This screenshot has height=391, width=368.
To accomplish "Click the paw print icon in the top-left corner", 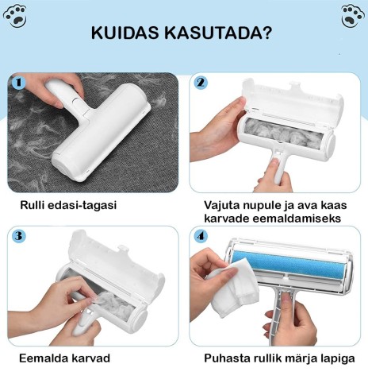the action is point(15,16).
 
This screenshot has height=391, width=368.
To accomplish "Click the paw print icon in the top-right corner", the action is point(352,16).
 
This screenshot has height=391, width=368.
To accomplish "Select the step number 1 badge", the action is point(19,83).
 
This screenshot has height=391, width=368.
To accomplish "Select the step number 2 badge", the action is point(201,83).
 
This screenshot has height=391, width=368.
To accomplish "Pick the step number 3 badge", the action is point(19,236).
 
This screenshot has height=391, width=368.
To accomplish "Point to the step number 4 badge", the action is point(201,236).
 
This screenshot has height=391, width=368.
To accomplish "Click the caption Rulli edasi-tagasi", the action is point(68,205).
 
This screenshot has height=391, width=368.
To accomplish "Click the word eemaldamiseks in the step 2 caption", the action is point(297,219).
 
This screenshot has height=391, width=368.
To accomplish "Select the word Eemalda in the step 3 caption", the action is point(40,358).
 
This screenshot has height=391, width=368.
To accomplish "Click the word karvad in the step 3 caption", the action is point(87,358).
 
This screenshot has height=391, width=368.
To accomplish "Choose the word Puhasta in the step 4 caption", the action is point(227,358).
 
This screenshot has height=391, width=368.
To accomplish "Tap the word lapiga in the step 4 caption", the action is point(337,359).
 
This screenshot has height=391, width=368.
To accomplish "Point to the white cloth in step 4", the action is point(233,287).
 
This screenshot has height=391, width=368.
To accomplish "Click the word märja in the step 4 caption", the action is point(304,359).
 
